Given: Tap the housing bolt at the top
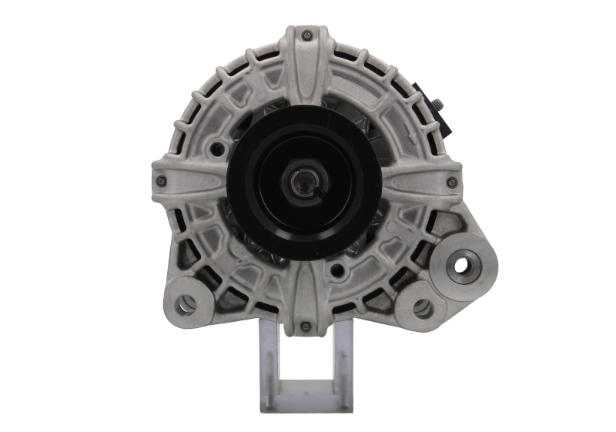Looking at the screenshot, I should pos(307,35).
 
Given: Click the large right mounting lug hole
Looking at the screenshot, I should pos(461,266).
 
